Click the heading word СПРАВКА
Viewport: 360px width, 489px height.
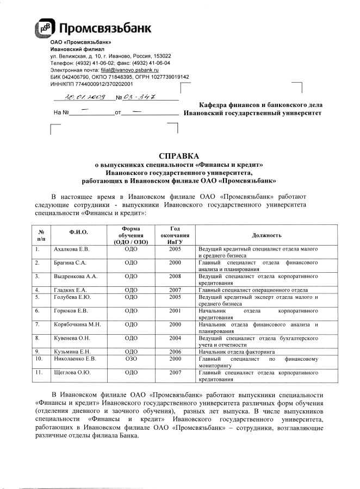point(179,155)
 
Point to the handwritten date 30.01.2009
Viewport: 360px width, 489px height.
point(82,98)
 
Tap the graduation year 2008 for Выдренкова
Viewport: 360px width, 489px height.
point(175,277)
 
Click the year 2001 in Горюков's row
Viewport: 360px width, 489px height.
point(175,311)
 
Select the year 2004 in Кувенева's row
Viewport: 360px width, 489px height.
point(175,338)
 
